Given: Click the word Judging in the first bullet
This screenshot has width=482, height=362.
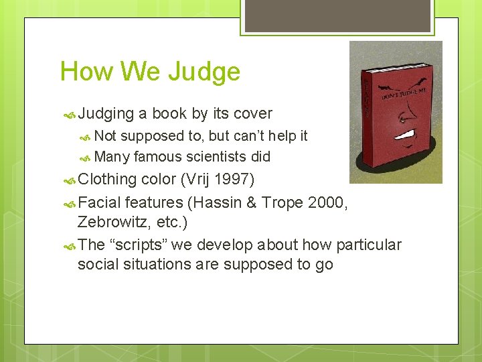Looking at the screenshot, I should click(x=106, y=114).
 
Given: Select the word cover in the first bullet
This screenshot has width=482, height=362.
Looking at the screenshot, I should click(x=250, y=114).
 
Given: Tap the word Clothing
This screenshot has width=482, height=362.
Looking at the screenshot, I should click(x=107, y=180).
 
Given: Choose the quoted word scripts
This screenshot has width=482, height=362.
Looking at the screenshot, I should click(x=138, y=244).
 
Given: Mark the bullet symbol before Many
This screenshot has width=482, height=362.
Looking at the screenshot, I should click(x=86, y=158).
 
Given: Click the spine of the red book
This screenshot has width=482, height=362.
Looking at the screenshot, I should click(x=366, y=114).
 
